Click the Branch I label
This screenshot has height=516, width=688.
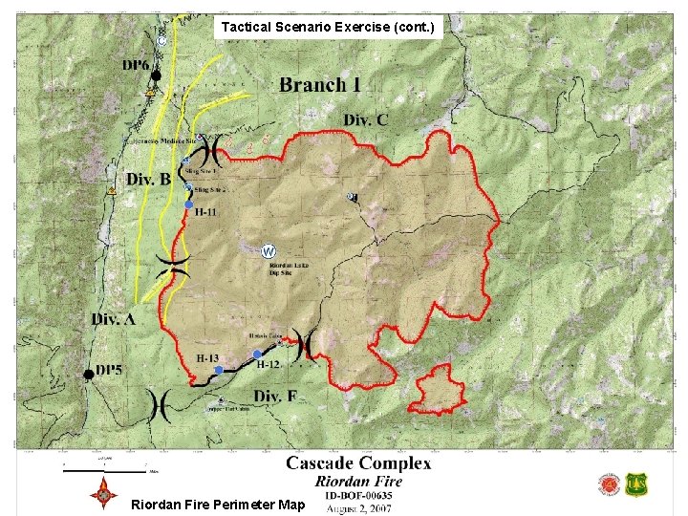point(320,85)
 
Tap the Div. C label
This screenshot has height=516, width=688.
point(367,120)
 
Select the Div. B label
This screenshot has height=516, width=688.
point(148,179)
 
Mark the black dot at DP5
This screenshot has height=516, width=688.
point(89,374)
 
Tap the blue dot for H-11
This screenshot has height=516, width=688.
point(189,204)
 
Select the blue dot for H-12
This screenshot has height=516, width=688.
point(257,355)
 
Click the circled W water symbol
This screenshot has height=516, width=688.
point(269,251)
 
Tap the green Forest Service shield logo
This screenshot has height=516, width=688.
point(634,484)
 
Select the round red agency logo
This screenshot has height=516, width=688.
point(609,484)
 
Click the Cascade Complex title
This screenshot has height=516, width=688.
point(358,464)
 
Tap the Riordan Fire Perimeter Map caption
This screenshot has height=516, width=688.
point(217,505)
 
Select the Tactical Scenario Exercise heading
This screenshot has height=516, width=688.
point(329,28)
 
